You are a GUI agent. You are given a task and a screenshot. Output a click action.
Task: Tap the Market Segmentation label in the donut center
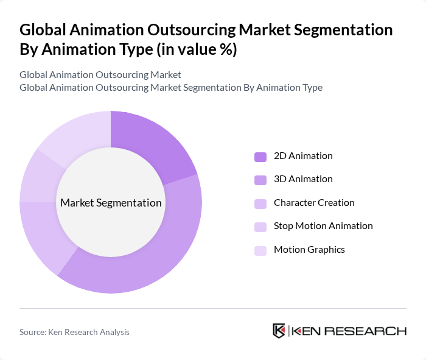[110, 202]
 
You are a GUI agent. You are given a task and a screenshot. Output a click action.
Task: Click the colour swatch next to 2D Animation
[260, 156]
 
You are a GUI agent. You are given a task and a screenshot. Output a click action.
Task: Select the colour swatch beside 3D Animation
[260, 180]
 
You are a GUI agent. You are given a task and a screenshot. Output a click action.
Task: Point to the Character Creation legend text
[314, 202]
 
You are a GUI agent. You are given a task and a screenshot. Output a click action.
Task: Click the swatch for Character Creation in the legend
[260, 203]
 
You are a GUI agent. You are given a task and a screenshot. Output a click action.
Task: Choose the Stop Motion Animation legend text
[323, 225]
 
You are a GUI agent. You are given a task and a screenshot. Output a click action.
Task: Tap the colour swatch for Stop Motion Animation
[260, 226]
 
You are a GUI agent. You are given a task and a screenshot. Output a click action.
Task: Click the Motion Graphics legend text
[309, 249]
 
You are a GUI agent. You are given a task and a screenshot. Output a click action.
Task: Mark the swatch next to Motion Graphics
[260, 250]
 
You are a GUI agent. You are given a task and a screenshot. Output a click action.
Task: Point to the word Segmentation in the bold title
[341, 30]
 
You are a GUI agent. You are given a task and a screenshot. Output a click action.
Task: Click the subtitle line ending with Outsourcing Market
[100, 75]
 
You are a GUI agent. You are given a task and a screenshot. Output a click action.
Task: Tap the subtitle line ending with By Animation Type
[171, 87]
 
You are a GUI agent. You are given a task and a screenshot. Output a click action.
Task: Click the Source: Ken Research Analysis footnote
[74, 332]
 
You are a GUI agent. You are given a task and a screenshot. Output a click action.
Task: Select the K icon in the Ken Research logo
[279, 331]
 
